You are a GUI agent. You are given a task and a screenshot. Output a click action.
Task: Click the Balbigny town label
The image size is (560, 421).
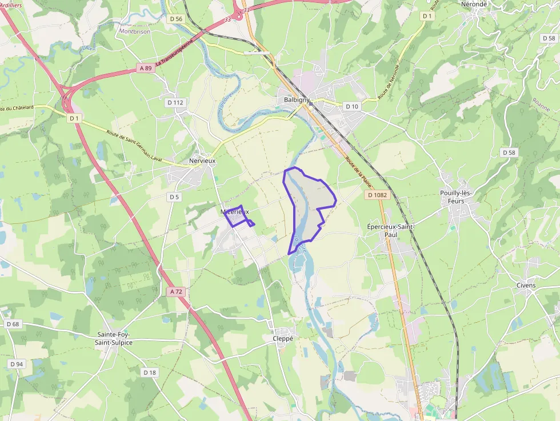coord(297,100)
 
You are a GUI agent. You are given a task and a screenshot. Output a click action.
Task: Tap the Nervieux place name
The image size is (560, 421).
coord(202,161)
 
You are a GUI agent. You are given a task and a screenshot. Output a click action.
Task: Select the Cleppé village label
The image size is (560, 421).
coord(282,338)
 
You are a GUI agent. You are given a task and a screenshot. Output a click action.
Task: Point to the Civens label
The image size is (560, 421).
coord(526,285)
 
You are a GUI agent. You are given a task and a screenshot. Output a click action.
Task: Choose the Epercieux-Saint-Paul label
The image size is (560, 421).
coord(390,230)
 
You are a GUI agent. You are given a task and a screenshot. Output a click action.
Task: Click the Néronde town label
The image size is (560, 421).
coord(473,4)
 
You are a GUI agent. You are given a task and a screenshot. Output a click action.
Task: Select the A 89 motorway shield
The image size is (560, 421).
coord(146,68)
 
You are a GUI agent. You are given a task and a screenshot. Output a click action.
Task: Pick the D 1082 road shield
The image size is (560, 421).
coord(377,195)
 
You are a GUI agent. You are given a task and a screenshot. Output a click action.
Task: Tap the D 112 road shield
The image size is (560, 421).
coord(175,102)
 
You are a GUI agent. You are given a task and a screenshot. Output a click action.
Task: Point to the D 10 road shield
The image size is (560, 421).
coord(352,106)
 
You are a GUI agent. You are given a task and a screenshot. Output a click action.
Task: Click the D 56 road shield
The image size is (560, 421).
coord(176,19)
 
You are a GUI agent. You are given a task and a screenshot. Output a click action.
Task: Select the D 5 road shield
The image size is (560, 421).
coord(174,197)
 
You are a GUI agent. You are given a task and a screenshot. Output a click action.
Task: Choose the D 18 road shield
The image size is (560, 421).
coord(149,372)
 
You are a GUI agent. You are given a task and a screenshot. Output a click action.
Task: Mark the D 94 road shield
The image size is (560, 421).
coord(17,364)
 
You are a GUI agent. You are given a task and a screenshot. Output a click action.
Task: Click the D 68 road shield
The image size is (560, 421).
coord(13,324)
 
